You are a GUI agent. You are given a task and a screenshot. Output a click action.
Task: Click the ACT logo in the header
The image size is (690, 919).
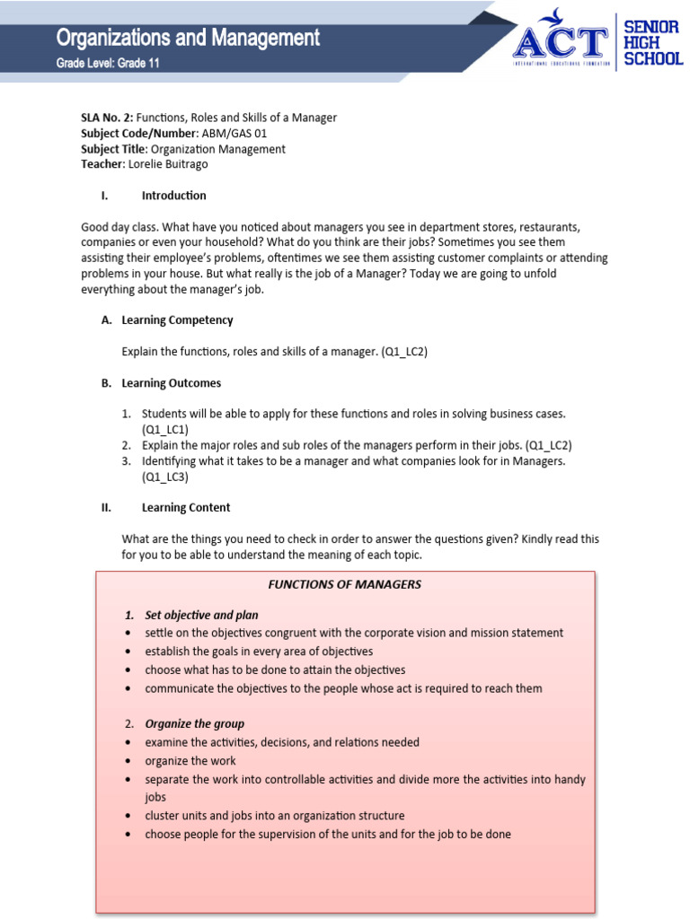pyautogui.click(x=560, y=39)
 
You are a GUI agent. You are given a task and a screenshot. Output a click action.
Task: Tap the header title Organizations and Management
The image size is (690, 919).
pyautogui.click(x=188, y=38)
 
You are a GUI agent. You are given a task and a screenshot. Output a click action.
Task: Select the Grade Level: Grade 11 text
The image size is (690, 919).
pyautogui.click(x=108, y=64)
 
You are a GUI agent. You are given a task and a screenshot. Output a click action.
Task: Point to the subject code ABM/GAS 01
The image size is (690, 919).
pyautogui.click(x=234, y=134)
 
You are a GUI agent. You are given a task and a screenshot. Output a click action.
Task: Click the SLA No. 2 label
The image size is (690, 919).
pyautogui.click(x=107, y=118)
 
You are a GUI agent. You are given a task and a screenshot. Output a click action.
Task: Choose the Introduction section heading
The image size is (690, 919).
pyautogui.click(x=173, y=196)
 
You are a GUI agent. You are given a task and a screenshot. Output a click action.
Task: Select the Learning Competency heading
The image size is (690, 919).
pyautogui.click(x=177, y=320)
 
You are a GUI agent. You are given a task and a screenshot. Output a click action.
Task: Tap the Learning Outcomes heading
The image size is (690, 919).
pyautogui.click(x=171, y=383)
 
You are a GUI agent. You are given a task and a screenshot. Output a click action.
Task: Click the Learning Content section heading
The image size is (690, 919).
pyautogui.click(x=186, y=508)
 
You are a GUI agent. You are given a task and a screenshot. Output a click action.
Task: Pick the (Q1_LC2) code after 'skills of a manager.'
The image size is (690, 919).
pyautogui.click(x=404, y=352)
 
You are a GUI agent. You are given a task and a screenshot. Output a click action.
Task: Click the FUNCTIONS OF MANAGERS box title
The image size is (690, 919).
pyautogui.click(x=344, y=584)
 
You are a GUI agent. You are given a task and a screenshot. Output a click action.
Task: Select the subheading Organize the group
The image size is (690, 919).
pyautogui.click(x=194, y=723)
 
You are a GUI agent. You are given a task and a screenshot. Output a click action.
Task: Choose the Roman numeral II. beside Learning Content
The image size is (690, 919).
pyautogui.click(x=106, y=508)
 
